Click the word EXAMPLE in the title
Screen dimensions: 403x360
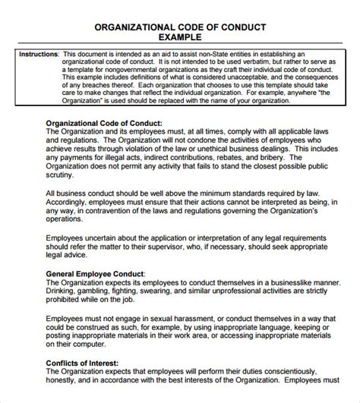(x=179, y=36)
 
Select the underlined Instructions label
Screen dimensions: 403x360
(x=36, y=55)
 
